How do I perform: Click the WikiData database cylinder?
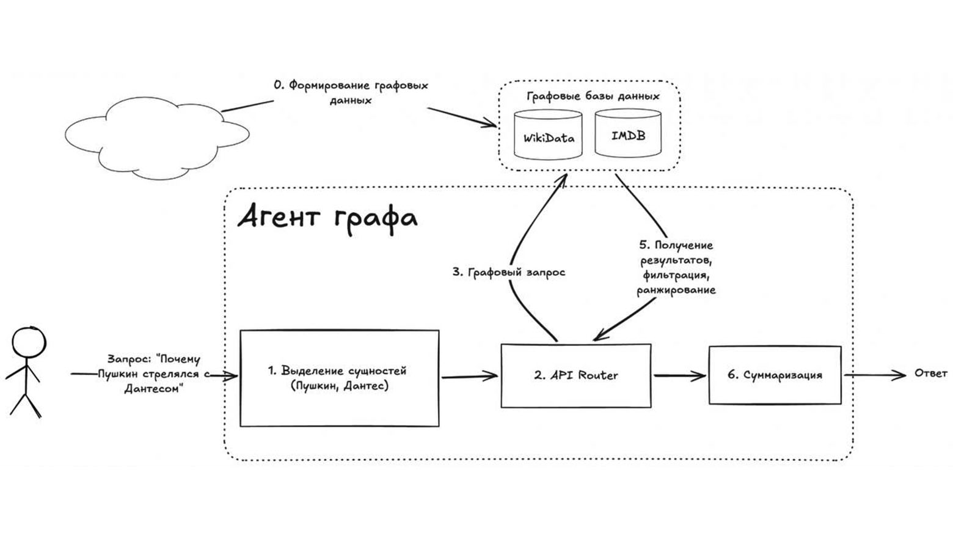(x=548, y=135)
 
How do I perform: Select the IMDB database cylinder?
(x=628, y=134)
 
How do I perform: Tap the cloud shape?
(x=157, y=135)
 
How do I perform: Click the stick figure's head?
(x=28, y=345)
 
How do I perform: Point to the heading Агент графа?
(x=327, y=218)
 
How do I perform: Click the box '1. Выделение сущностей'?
(x=339, y=378)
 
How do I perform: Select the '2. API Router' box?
(x=575, y=375)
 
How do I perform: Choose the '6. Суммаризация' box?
(x=775, y=375)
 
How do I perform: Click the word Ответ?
(x=931, y=373)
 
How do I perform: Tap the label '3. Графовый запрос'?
(x=509, y=272)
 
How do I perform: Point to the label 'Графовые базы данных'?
(x=593, y=96)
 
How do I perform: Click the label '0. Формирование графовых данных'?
(x=351, y=92)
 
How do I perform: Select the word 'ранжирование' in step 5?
(x=676, y=290)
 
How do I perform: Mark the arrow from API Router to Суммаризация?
(x=679, y=376)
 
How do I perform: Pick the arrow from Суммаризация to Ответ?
(x=874, y=375)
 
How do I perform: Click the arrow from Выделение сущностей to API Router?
(x=469, y=377)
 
